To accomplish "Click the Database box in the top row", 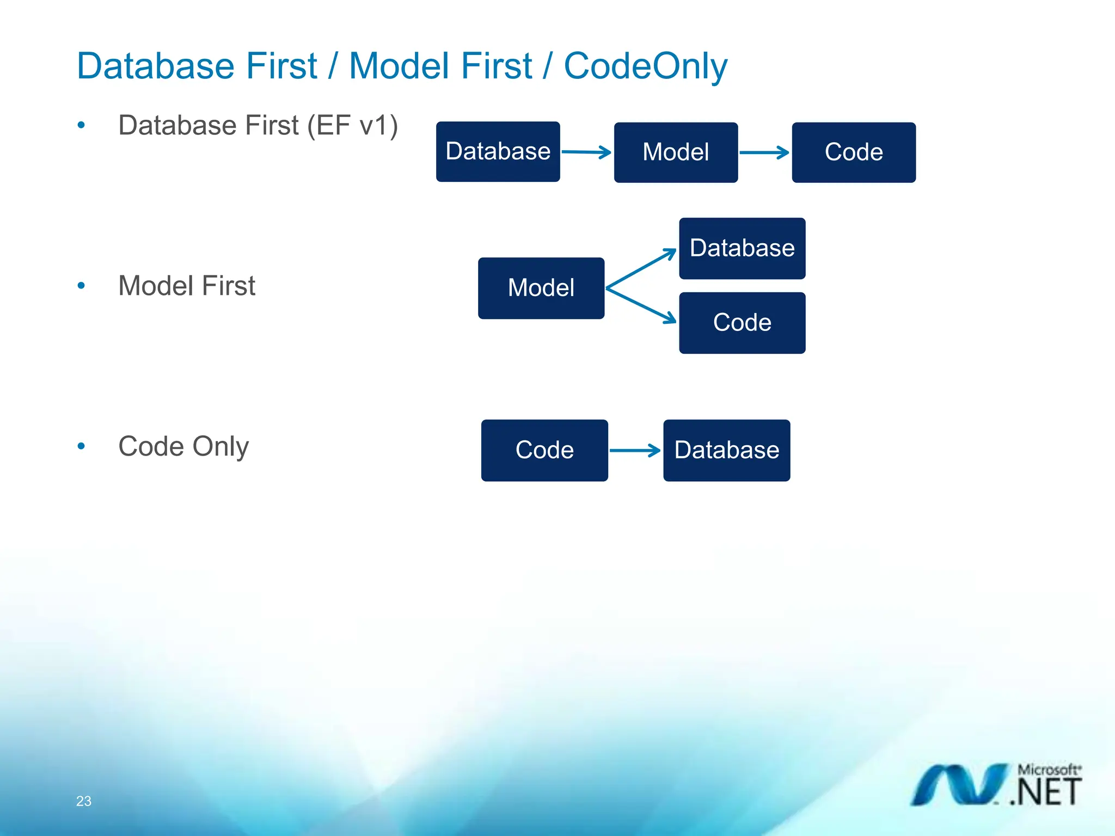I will [498, 151].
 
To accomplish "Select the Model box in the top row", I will [676, 152].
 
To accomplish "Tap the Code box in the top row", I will [853, 152].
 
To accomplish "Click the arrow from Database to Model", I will [586, 152].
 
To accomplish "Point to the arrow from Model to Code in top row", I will [764, 152].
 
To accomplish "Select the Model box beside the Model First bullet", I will [541, 288].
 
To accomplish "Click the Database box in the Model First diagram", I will [742, 248].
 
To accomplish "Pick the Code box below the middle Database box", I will [742, 323].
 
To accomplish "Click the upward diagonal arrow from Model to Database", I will [641, 268].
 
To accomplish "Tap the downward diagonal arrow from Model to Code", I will [641, 305].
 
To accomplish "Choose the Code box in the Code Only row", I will [544, 450].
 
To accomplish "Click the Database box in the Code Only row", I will [726, 450].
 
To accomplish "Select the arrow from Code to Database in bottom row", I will [635, 450].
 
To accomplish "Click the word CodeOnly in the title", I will [645, 66].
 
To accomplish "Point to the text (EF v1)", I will [352, 125].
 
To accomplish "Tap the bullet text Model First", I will [187, 286].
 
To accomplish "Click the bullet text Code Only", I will [183, 446].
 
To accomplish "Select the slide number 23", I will [84, 801].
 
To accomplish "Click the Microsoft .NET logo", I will [996, 784].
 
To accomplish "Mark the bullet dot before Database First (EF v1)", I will [81, 125].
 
